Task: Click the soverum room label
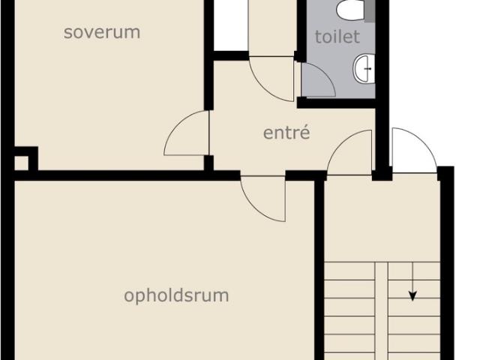102,32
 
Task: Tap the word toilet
337,37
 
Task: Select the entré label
286,133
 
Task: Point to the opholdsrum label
176,295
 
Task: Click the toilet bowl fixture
350,9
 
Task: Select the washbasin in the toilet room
364,68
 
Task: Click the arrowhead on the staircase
412,296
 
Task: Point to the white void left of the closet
230,25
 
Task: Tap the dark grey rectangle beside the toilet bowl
370,11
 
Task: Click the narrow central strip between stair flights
382,310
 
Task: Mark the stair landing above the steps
382,218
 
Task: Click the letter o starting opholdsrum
128,296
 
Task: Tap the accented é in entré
305,132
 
